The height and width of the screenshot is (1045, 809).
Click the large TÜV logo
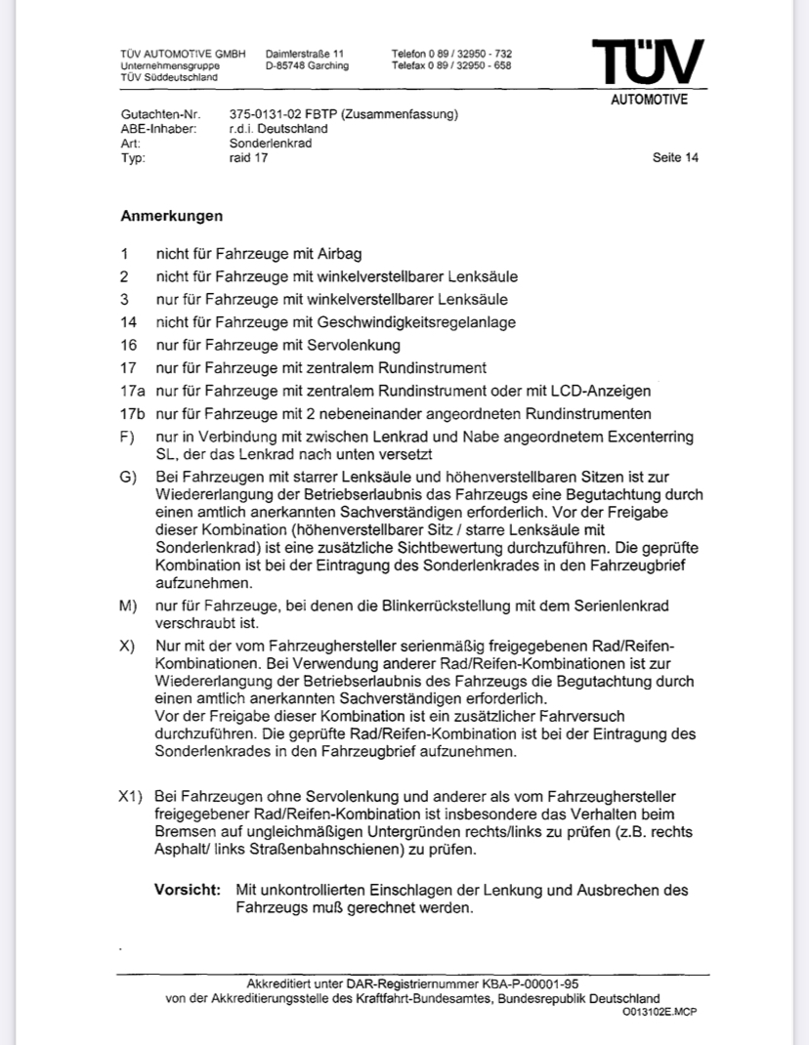[x=647, y=62]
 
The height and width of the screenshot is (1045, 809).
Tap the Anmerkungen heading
[x=171, y=215]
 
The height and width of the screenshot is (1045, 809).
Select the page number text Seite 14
[x=675, y=157]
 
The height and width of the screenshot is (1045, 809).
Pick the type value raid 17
[x=248, y=157]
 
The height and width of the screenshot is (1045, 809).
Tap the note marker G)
[x=127, y=477]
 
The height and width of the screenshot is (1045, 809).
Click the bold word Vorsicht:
[x=188, y=890]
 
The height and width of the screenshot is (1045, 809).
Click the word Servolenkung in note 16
[x=352, y=345]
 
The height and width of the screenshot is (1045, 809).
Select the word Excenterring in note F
[x=649, y=436]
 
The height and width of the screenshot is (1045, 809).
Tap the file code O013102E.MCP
[x=660, y=1012]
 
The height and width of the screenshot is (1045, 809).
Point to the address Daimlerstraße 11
[x=305, y=53]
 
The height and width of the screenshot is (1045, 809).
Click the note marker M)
[x=127, y=606]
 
